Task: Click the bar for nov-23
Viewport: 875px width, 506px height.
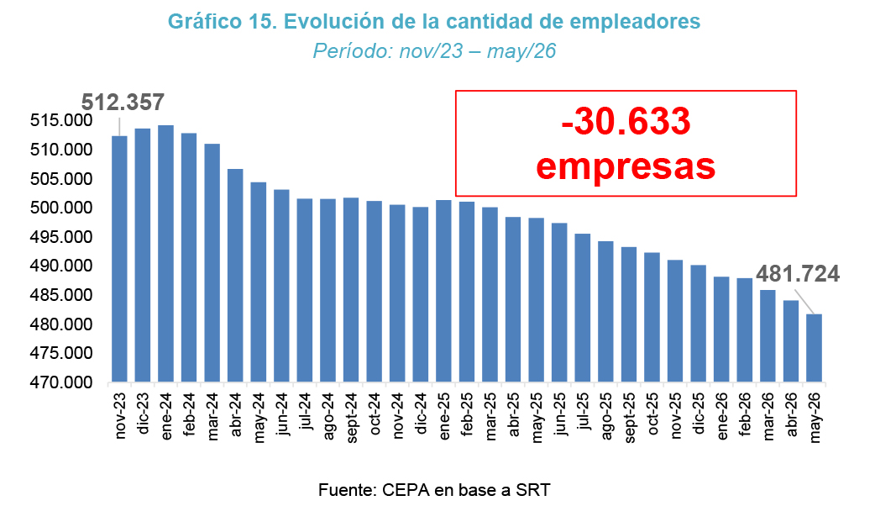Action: (x=119, y=259)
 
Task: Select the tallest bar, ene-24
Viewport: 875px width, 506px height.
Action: (x=165, y=254)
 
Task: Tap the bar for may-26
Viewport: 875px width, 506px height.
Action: (x=815, y=348)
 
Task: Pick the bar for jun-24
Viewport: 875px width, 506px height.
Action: (x=282, y=286)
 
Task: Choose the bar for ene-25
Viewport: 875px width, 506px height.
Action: (x=443, y=291)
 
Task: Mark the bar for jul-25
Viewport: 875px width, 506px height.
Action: (x=583, y=308)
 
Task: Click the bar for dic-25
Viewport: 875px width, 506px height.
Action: (x=699, y=324)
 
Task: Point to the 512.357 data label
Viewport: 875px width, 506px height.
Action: (x=123, y=103)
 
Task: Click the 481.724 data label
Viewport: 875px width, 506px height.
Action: (x=798, y=274)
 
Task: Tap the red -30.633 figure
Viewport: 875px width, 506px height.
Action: (x=626, y=122)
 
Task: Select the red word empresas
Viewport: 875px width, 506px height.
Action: (x=626, y=166)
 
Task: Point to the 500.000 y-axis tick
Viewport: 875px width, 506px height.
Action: (x=62, y=208)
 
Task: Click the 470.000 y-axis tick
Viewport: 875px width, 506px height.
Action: (x=62, y=382)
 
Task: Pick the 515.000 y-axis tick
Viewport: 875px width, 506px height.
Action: (x=62, y=121)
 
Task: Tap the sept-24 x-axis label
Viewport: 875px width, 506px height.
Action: (x=352, y=418)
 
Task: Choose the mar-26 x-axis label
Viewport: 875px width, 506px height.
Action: (x=768, y=417)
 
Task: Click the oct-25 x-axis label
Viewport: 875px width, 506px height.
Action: (x=652, y=414)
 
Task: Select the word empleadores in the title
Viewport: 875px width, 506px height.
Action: (x=635, y=22)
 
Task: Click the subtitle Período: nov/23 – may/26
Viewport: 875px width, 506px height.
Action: (x=434, y=50)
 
